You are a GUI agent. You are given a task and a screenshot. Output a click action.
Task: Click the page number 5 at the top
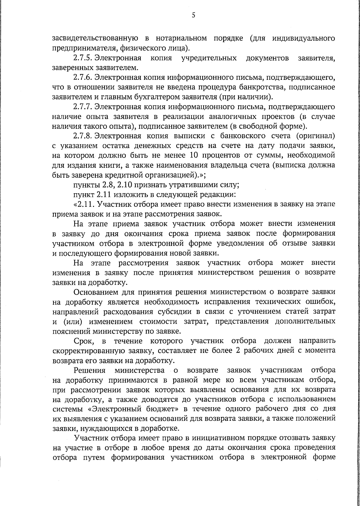(193, 15)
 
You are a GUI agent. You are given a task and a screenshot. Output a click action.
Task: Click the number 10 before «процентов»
(195, 155)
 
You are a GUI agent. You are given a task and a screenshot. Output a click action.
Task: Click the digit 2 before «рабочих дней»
(238, 351)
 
